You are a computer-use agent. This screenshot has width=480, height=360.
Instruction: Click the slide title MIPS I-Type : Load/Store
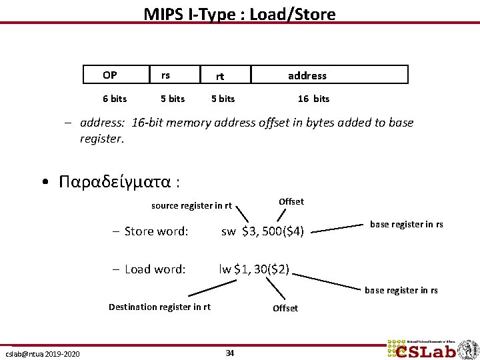pyautogui.click(x=239, y=13)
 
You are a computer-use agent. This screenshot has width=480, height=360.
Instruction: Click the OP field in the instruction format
pyautogui.click(x=110, y=74)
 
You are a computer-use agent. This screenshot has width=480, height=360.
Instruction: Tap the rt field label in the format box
pyautogui.click(x=219, y=77)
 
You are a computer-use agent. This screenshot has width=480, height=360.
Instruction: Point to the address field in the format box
pyautogui.click(x=307, y=76)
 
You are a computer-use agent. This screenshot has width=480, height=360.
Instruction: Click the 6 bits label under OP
pyautogui.click(x=115, y=99)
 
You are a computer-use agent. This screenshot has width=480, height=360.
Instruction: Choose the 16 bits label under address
pyautogui.click(x=313, y=99)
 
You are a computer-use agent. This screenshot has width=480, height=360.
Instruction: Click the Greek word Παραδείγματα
pyautogui.click(x=117, y=181)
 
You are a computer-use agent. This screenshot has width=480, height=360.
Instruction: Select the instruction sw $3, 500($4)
pyautogui.click(x=263, y=231)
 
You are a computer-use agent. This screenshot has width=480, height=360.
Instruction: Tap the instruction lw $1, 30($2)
pyautogui.click(x=254, y=269)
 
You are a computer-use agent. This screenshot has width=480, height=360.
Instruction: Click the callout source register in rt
pyautogui.click(x=191, y=205)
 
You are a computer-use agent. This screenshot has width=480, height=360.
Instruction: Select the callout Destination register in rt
pyautogui.click(x=159, y=307)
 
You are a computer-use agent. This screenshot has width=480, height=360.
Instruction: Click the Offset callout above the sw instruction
pyautogui.click(x=291, y=201)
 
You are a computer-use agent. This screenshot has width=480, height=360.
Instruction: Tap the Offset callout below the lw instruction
pyautogui.click(x=285, y=308)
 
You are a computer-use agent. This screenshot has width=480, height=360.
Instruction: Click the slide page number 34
pyautogui.click(x=230, y=353)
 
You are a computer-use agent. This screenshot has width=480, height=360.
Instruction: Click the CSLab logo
pyautogui.click(x=431, y=350)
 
